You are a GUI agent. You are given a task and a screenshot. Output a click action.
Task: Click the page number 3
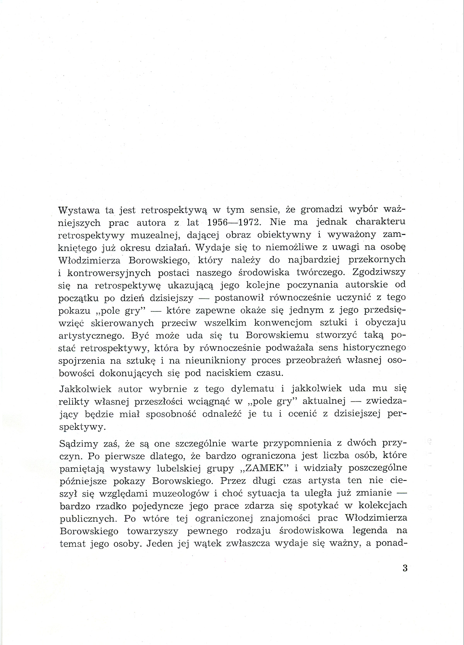point(405,568)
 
